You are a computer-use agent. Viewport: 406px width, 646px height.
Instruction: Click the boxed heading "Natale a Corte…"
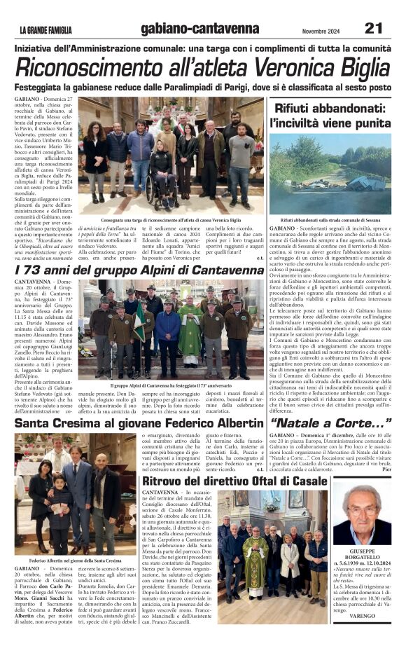click(x=330, y=423)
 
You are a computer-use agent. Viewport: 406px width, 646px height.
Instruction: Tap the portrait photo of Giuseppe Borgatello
click(x=361, y=512)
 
